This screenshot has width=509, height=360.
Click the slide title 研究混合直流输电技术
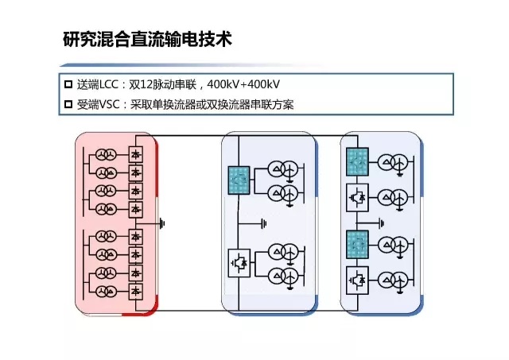click(x=147, y=39)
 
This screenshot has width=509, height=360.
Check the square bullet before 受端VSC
click(x=68, y=104)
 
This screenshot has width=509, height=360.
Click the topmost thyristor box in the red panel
click(x=136, y=153)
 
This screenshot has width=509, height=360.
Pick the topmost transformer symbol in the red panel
click(x=106, y=153)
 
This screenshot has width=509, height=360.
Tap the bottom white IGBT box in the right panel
click(x=357, y=279)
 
